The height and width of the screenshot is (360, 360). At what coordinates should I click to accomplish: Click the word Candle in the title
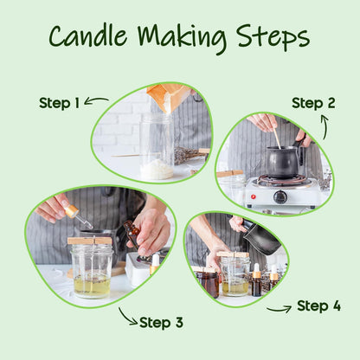pos(88,35)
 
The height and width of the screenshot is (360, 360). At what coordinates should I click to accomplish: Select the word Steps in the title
pos(273,37)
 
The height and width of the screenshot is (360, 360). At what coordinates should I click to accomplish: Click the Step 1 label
pos(59,103)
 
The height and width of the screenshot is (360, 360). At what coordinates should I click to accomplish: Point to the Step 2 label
pos(313,103)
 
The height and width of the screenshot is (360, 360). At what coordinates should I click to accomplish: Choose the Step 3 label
pos(161,323)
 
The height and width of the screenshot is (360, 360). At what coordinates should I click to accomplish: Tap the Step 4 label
pos(318,305)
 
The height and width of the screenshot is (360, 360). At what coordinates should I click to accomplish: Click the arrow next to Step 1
pos(96,100)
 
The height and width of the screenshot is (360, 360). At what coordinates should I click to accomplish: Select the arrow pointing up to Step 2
pos(325,127)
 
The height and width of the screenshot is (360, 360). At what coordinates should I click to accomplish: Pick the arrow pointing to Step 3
pos(126,318)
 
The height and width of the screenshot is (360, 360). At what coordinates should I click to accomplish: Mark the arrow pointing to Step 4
pos(280,310)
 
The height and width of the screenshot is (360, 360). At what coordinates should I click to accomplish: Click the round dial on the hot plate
pos(280,196)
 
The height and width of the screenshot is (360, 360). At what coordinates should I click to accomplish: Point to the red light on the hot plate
pos(254,196)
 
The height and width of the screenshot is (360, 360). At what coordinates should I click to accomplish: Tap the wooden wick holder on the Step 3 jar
pos(90,241)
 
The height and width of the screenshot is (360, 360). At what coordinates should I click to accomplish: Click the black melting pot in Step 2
pos(284,162)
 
